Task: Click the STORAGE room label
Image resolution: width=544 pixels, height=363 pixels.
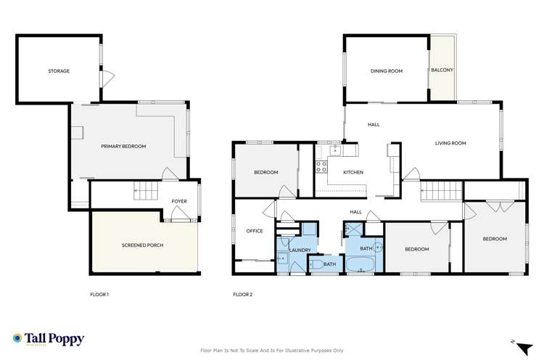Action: [59, 71]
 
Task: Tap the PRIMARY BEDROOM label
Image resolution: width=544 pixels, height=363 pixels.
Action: [123, 147]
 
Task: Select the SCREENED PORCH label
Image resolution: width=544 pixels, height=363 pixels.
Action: [142, 245]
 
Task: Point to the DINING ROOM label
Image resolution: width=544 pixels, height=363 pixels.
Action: [386, 71]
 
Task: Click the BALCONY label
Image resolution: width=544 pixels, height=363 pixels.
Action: [442, 70]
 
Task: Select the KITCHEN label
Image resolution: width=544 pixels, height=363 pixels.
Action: [353, 172]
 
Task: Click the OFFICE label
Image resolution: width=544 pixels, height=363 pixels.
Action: [254, 231]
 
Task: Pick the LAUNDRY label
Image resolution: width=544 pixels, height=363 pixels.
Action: [300, 250]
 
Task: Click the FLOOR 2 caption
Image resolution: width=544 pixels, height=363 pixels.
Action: [242, 295]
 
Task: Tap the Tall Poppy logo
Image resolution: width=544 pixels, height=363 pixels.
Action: [49, 339]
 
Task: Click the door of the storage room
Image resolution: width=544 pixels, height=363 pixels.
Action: [107, 78]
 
